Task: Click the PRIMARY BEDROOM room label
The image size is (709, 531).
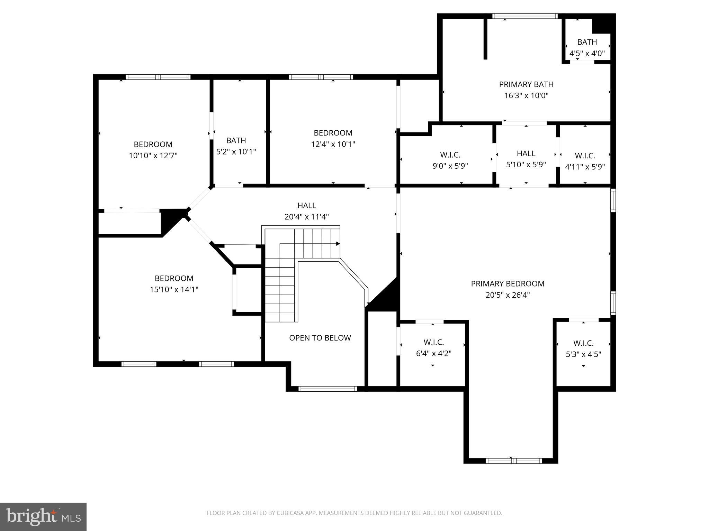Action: [x=508, y=284]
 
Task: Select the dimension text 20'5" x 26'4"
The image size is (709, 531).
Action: [x=508, y=295]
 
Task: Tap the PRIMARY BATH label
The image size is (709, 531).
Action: [x=526, y=84]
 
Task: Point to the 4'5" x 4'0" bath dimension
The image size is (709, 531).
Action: [x=587, y=54]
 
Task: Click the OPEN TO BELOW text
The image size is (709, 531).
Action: [x=320, y=338]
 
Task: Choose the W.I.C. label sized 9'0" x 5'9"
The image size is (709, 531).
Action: [x=450, y=155]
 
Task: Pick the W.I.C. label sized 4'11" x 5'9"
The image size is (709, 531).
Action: [x=585, y=156]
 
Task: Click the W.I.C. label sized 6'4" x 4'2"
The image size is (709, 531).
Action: [x=433, y=342]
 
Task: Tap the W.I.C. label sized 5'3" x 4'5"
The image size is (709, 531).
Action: [x=583, y=343]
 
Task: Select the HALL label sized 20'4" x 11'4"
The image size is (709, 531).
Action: [x=307, y=206]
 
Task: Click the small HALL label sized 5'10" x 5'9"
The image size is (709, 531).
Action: [x=526, y=153]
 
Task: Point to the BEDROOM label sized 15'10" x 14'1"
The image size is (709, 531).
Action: [x=174, y=278]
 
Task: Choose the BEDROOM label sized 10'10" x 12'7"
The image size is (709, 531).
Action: [x=153, y=144]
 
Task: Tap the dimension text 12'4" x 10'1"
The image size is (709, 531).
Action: [x=333, y=144]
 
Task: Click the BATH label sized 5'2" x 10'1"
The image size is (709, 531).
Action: [x=236, y=140]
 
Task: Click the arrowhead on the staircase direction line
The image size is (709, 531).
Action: [x=338, y=244]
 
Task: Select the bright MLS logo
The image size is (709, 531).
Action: [x=43, y=516]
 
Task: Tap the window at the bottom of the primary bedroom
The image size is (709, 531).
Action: [x=513, y=460]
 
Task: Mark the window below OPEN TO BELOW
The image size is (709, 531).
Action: [x=327, y=389]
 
